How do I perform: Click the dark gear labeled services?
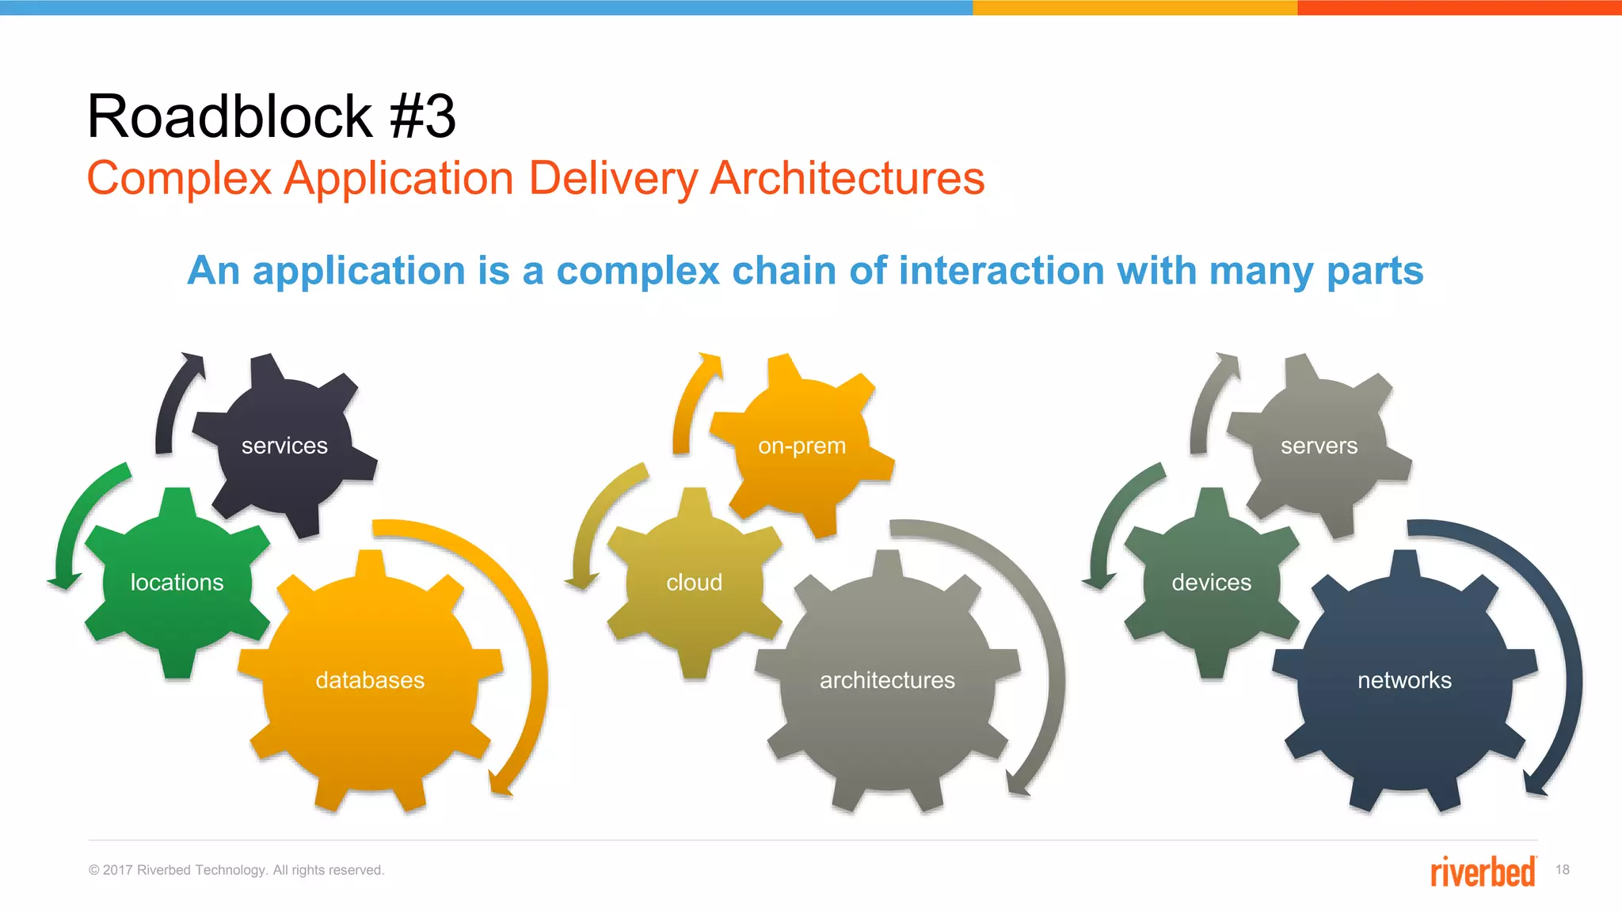coord(284,446)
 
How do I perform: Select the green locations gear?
coord(177,583)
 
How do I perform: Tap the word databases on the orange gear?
coord(370,680)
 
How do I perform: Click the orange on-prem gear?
coord(801,446)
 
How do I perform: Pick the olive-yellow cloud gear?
coord(694,583)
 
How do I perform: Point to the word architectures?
coord(887,680)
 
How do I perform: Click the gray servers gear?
coord(1319,446)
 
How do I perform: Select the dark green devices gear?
coord(1211,583)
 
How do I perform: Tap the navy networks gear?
coord(1404,680)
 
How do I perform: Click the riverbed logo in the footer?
coord(1483,872)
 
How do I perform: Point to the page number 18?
coord(1562,870)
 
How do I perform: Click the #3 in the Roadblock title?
coord(423,117)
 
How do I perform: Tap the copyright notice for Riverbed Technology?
coord(236,870)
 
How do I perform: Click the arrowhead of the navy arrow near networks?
coord(1535,785)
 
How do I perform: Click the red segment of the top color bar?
coord(1459,7)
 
